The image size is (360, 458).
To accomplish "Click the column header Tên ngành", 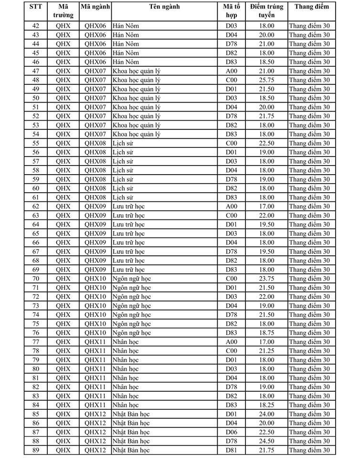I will tap(166, 7).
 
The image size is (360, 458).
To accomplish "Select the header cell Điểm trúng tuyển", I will tap(266, 11).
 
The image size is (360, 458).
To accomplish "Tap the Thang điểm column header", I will tap(311, 7).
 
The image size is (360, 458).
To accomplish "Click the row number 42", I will tap(35, 26).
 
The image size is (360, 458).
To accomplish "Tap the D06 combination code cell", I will tap(231, 432).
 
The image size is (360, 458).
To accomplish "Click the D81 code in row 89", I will tap(231, 450).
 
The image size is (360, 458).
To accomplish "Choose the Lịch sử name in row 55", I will tap(123, 143).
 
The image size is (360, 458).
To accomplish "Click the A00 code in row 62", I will tap(231, 207).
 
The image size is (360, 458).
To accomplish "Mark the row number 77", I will tap(35, 342).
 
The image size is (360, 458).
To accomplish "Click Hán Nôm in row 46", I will tap(126, 62).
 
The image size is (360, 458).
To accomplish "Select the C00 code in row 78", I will tap(231, 351).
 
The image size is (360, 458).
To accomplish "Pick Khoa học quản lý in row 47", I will tap(137, 71).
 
